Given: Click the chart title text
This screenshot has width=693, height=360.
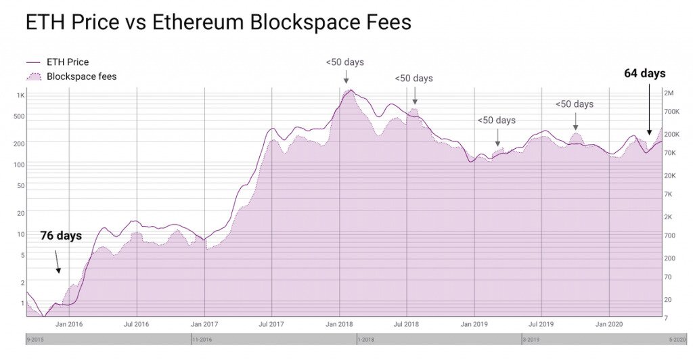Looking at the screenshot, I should [x=218, y=22].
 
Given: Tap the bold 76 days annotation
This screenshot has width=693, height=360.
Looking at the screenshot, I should [x=61, y=236].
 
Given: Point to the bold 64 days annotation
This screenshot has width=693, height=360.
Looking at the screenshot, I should [x=644, y=73].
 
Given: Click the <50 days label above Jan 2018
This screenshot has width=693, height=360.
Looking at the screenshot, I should [x=344, y=62].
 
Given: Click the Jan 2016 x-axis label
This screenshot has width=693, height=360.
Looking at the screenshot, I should [x=69, y=324].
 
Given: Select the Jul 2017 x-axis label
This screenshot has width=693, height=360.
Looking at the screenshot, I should [x=271, y=324].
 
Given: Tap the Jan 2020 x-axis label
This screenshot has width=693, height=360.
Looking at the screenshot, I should [x=610, y=324].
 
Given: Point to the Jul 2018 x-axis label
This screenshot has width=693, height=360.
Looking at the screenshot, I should [x=407, y=324].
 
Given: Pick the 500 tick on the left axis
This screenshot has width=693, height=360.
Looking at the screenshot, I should [x=19, y=116].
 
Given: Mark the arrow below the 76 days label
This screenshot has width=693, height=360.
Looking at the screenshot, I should [x=58, y=262].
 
